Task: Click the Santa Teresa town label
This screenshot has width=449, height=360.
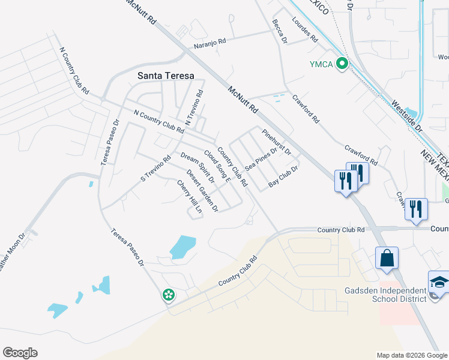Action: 166,76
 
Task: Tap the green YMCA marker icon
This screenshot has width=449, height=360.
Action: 342,63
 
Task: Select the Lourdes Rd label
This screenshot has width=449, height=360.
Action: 304,29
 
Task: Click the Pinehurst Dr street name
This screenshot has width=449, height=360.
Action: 276,141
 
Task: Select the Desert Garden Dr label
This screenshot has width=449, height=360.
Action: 202,190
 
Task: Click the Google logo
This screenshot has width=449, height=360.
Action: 20,353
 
